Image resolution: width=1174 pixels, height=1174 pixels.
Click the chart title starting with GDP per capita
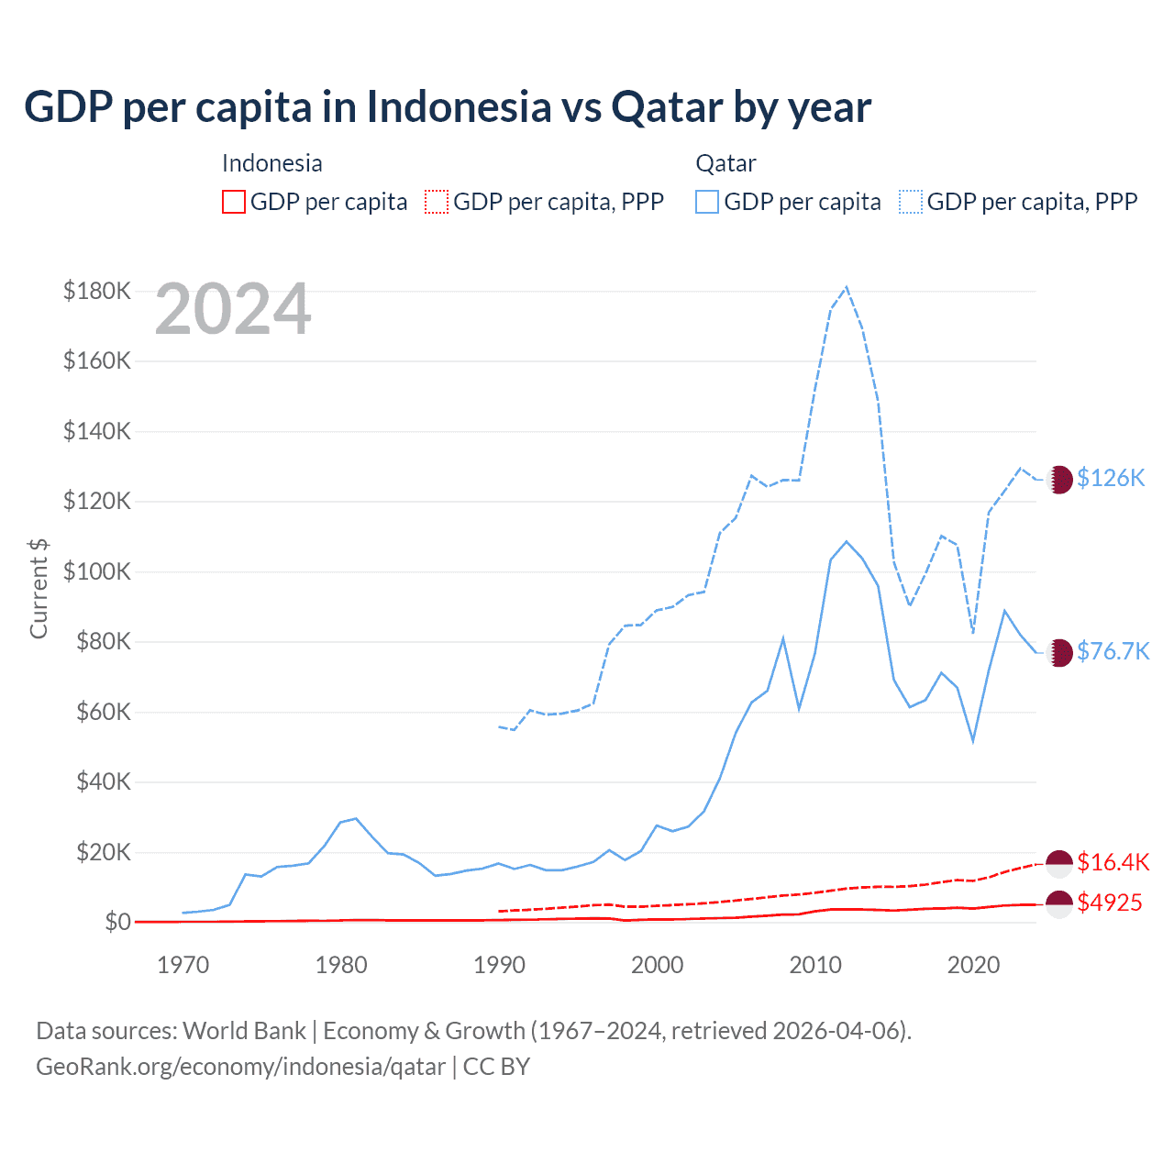tap(447, 107)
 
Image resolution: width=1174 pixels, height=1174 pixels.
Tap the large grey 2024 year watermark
tap(233, 309)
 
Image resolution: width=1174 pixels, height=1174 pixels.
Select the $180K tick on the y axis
tap(97, 291)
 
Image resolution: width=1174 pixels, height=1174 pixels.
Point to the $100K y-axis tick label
tap(97, 571)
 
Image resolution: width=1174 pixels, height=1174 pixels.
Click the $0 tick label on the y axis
tap(117, 922)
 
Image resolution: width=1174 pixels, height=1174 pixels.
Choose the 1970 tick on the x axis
tap(183, 965)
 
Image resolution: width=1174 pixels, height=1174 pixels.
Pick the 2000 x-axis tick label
tap(658, 965)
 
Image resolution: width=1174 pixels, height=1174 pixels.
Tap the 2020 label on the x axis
tap(973, 965)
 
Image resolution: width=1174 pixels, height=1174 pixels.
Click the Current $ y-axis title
tap(39, 588)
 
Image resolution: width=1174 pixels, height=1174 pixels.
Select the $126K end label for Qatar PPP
tap(1111, 478)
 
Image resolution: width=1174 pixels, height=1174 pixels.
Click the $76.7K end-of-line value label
tap(1113, 651)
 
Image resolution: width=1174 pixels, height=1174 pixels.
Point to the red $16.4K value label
tap(1113, 862)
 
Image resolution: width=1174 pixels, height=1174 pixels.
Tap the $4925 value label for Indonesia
tap(1110, 903)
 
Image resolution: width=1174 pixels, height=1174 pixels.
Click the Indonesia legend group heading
tap(272, 163)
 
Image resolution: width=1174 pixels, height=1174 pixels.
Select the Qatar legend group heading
tap(725, 163)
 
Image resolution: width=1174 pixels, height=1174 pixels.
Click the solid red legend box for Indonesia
tap(234, 202)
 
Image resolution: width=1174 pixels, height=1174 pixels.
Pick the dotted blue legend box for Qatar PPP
tap(911, 202)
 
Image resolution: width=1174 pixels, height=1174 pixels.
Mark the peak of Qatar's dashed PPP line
tap(846, 286)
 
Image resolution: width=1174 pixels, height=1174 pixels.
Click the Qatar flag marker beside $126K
tap(1059, 479)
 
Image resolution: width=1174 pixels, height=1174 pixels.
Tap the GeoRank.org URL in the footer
tap(240, 1067)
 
